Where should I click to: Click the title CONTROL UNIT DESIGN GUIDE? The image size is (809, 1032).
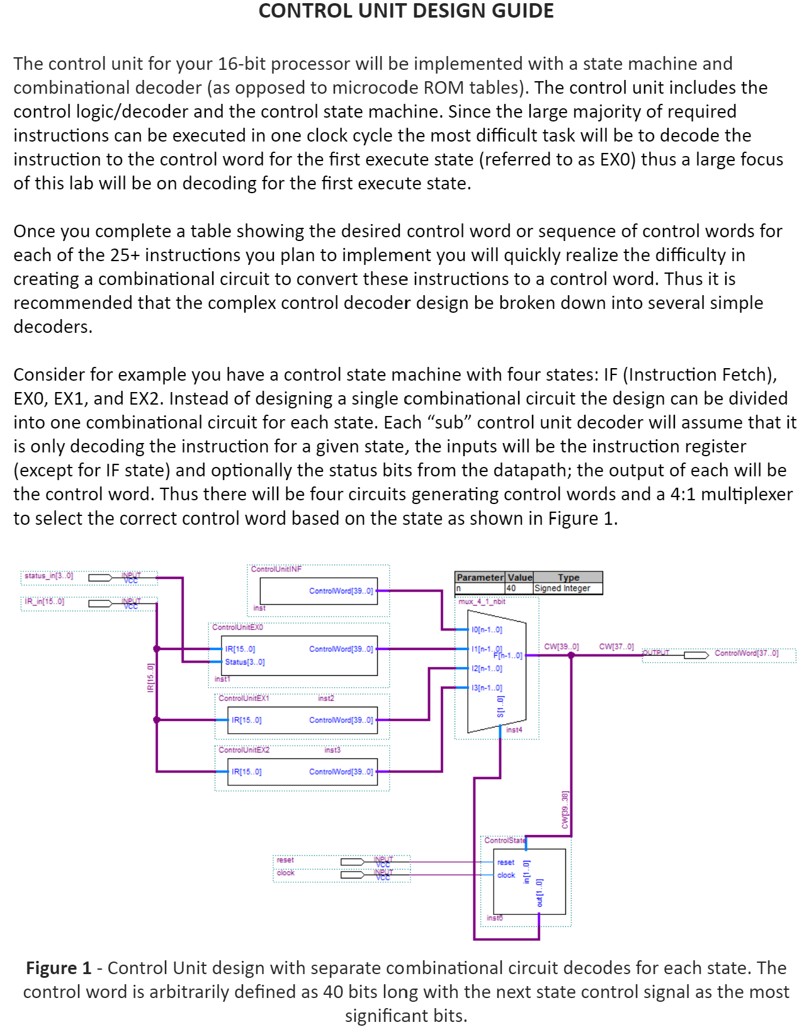pyautogui.click(x=406, y=11)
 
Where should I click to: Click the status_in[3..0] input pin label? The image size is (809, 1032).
pyautogui.click(x=48, y=576)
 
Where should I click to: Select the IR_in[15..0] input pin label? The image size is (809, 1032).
pyautogui.click(x=44, y=602)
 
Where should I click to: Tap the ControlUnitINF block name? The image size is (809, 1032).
pyautogui.click(x=276, y=569)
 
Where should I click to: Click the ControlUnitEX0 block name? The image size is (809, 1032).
pyautogui.click(x=237, y=627)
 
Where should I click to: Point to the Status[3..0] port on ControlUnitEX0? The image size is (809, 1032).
pyautogui.click(x=245, y=662)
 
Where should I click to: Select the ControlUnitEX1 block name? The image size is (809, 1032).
pyautogui.click(x=244, y=698)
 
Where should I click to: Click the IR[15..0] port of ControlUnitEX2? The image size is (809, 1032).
pyautogui.click(x=246, y=772)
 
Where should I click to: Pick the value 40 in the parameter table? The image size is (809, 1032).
pyautogui.click(x=511, y=588)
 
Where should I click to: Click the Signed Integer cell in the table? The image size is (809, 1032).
pyautogui.click(x=562, y=588)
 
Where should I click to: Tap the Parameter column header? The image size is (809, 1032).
pyautogui.click(x=480, y=578)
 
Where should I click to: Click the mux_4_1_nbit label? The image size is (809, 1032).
pyautogui.click(x=482, y=602)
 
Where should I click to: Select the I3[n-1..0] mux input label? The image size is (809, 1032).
pyautogui.click(x=487, y=688)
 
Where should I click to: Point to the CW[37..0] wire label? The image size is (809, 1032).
pyautogui.click(x=616, y=646)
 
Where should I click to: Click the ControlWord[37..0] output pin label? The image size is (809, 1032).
pyautogui.click(x=746, y=653)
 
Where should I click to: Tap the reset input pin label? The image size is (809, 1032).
pyautogui.click(x=285, y=860)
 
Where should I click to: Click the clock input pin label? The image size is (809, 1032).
pyautogui.click(x=285, y=873)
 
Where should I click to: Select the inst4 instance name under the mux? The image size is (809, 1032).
pyautogui.click(x=514, y=730)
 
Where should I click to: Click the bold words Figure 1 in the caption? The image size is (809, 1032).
pyautogui.click(x=59, y=968)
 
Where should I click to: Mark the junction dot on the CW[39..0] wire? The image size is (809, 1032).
pyautogui.click(x=571, y=655)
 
